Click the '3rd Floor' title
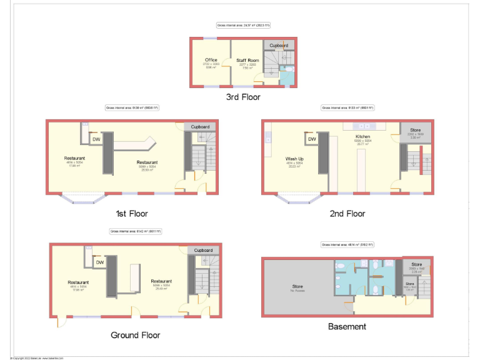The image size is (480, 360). tap(243, 97)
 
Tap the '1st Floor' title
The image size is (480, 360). tap(131, 214)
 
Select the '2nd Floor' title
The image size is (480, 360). tap(347, 214)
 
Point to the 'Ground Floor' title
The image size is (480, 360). tap(135, 335)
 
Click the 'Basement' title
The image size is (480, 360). tap(347, 326)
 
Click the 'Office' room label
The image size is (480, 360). tap(211, 60)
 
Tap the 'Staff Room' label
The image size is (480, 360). tap(247, 60)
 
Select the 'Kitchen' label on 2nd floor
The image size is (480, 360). tap(362, 136)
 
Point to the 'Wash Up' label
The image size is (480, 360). tap(295, 159)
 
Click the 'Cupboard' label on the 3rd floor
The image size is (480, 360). tap(279, 46)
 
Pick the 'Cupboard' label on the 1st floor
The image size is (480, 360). tap(200, 127)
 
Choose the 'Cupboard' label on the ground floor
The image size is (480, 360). tap(203, 250)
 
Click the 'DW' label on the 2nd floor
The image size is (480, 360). tap(311, 139)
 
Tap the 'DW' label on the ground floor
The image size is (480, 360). tap(99, 263)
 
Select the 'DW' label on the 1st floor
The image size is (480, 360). tap(96, 139)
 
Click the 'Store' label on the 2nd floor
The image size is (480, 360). tap(416, 129)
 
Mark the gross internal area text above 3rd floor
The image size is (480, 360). tap(243, 26)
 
